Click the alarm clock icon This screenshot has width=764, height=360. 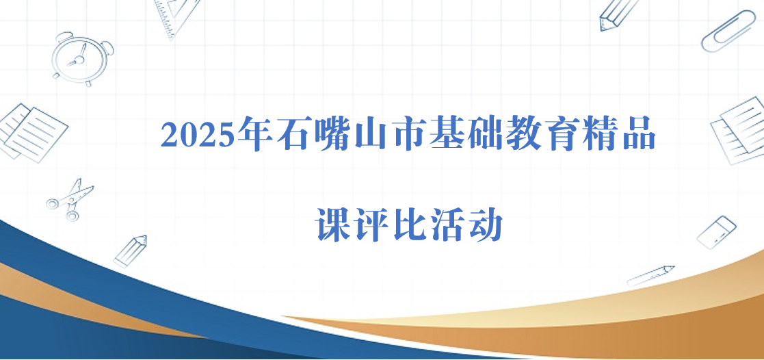coord(82,59)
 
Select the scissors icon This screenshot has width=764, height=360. coord(70,200)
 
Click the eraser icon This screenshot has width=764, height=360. coord(716,232)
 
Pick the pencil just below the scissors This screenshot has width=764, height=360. coord(130,251)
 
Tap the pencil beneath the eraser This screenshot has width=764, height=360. coord(650,276)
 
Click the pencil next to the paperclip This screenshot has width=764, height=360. coord(617,14)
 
